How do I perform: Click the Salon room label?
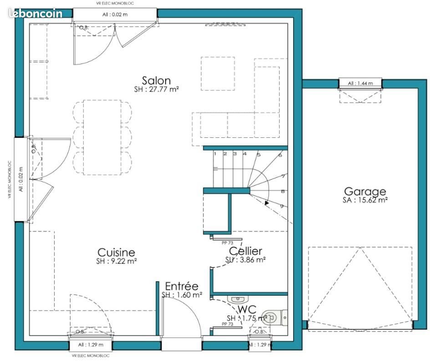click(x=156, y=81)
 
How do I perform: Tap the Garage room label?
click(x=365, y=192)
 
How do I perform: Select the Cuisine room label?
click(x=117, y=253)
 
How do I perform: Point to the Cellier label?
click(x=245, y=251)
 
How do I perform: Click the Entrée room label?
click(x=182, y=286)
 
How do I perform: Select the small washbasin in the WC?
click(x=238, y=299)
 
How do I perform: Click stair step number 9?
click(x=282, y=206)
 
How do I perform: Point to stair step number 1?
click(x=215, y=154)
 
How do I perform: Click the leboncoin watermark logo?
click(x=35, y=14)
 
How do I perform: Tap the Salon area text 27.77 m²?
click(x=156, y=90)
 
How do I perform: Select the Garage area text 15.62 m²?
click(x=365, y=200)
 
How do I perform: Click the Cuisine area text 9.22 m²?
click(x=117, y=261)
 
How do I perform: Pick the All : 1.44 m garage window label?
click(x=360, y=83)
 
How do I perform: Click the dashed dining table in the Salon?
click(x=102, y=137)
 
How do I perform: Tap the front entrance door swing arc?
click(x=191, y=309)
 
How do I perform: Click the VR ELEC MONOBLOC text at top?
click(x=115, y=3)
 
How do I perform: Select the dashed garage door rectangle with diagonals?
click(x=360, y=284)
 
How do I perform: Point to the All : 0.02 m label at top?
click(x=115, y=15)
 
